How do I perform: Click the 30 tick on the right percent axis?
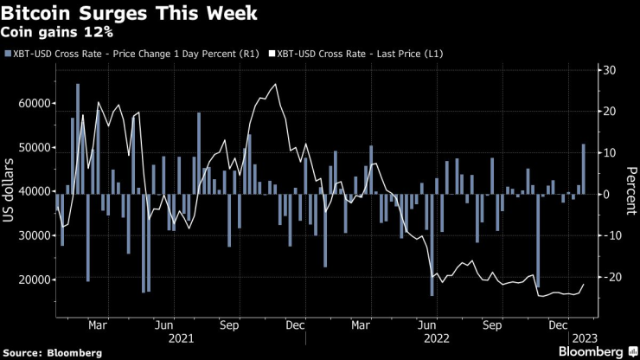609,70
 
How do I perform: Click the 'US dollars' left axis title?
11,193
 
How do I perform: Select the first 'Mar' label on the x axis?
98,326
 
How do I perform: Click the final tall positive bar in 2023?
584,169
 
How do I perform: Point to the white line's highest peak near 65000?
276,85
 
